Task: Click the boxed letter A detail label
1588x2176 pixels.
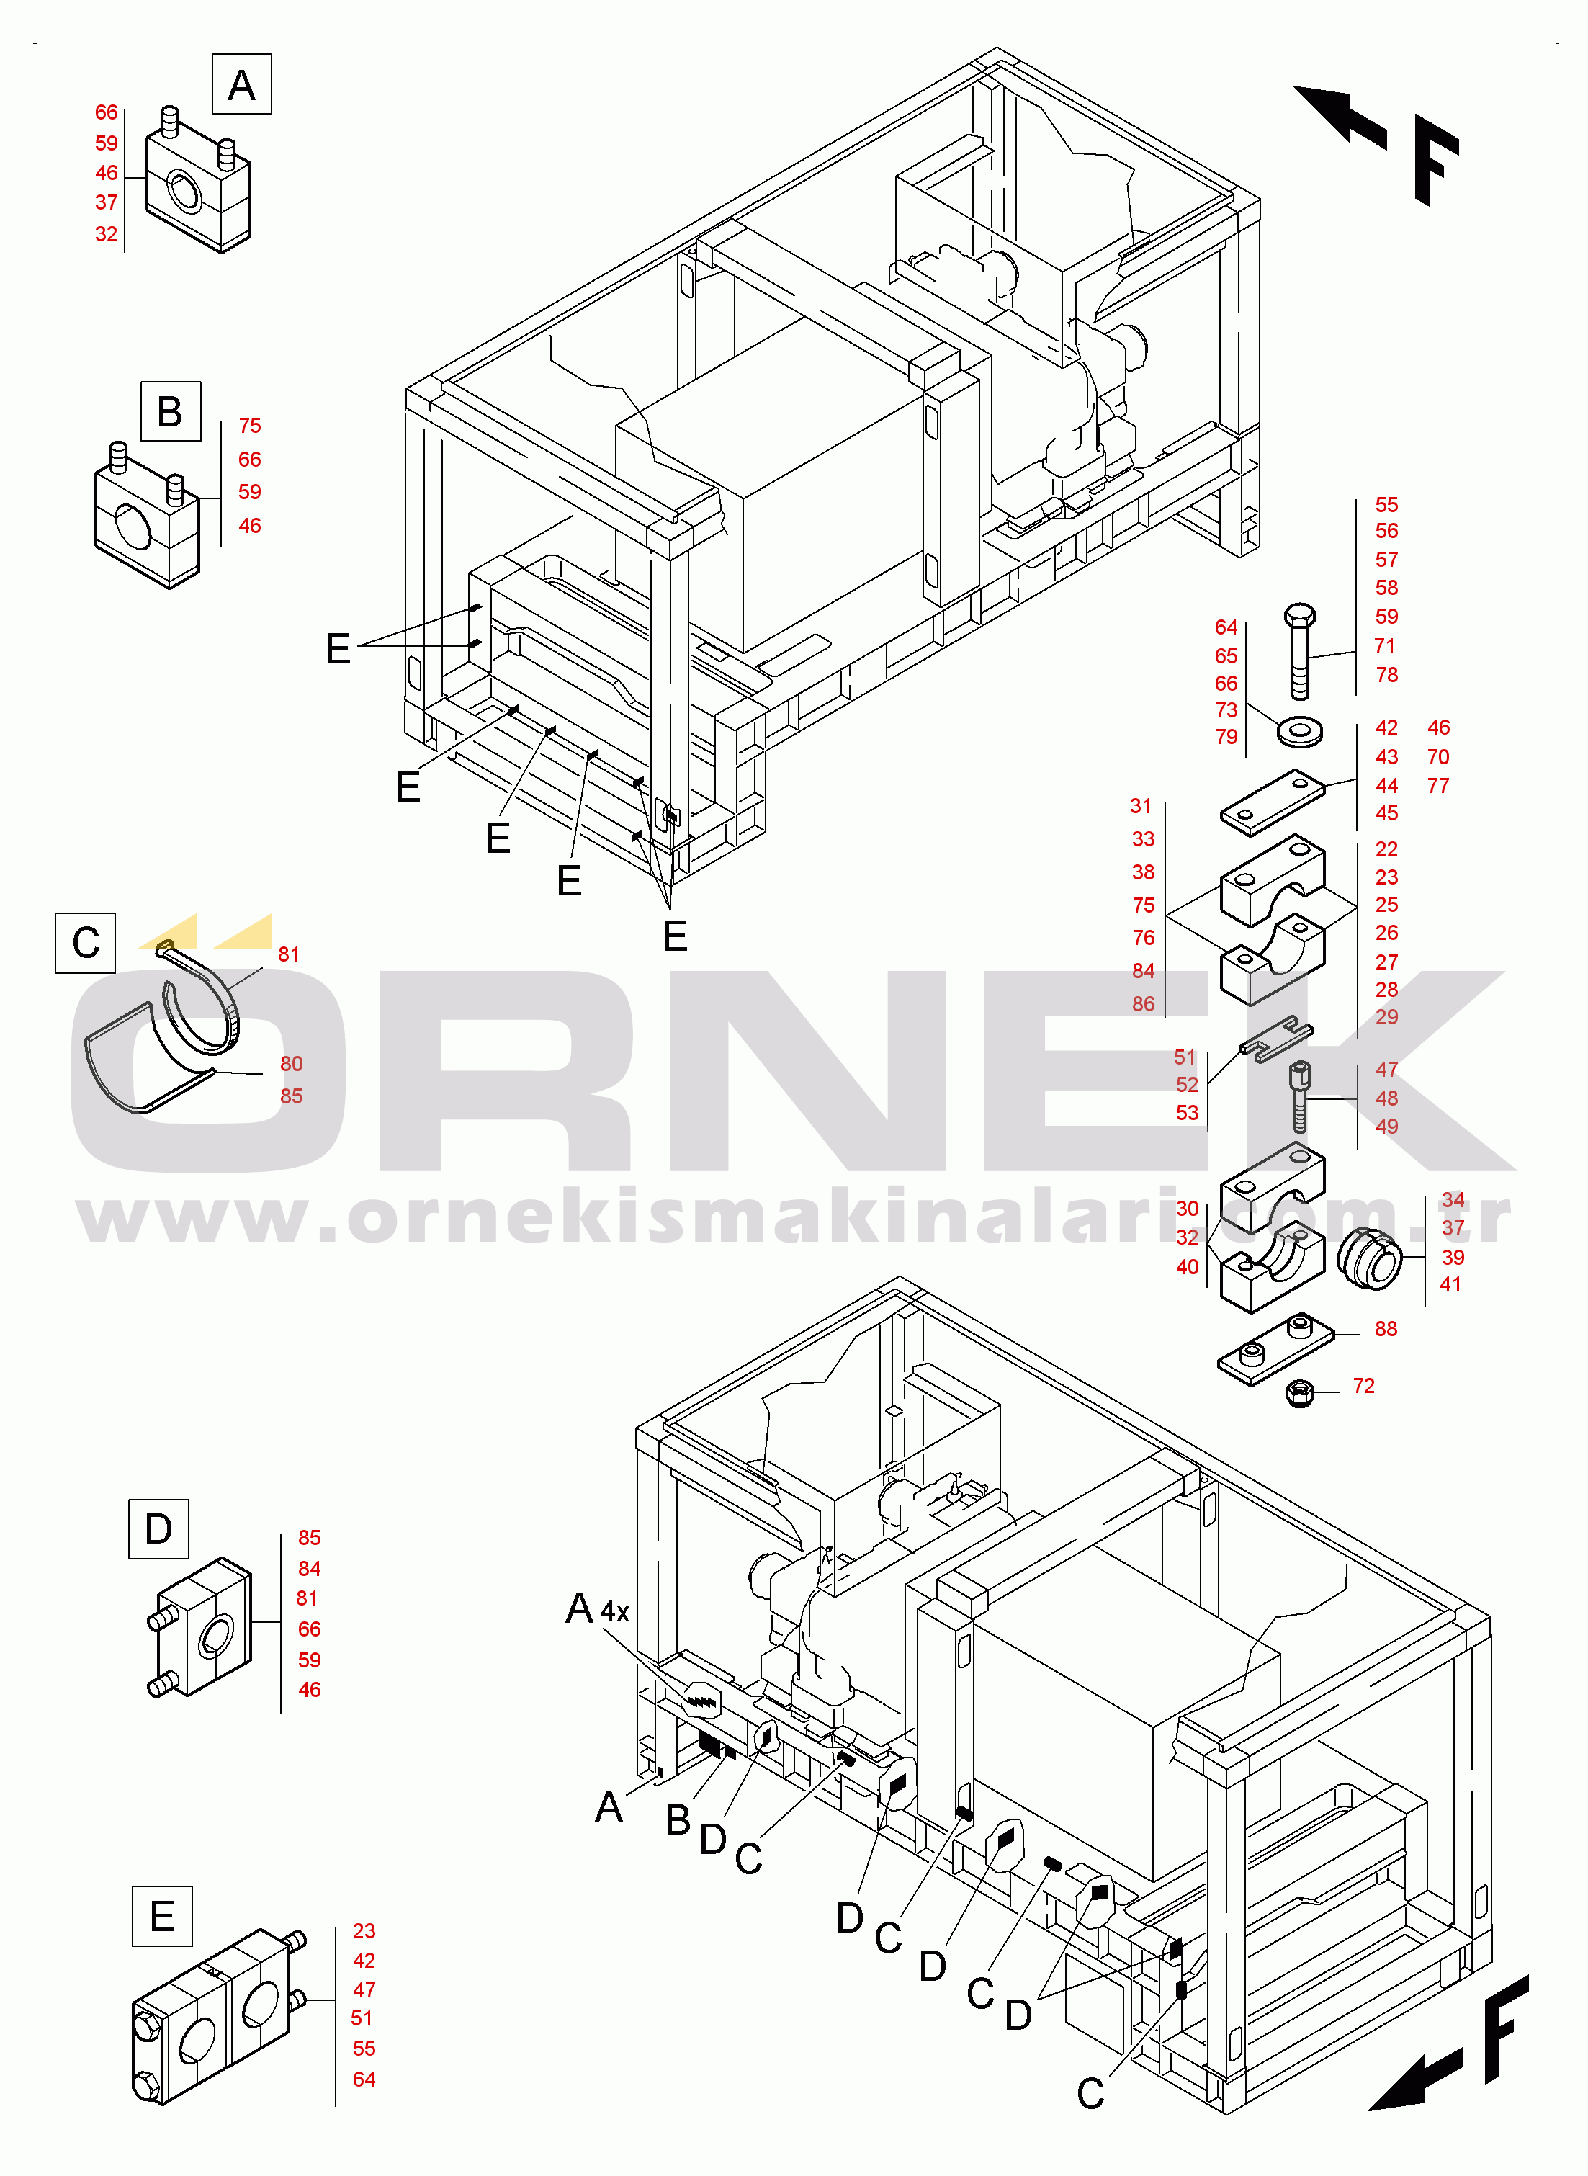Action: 241,84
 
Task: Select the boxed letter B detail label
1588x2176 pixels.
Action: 170,411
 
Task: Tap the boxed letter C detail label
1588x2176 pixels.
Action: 86,943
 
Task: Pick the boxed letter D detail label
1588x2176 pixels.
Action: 158,1528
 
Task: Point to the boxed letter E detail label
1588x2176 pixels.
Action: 163,1915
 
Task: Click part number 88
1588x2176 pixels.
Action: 1385,1328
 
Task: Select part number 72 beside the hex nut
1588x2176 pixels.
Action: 1363,1385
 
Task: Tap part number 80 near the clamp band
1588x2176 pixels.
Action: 291,1063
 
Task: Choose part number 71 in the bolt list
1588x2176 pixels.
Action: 1384,646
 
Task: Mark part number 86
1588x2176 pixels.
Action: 1143,1003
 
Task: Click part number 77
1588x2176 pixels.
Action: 1438,785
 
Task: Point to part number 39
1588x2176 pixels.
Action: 1453,1257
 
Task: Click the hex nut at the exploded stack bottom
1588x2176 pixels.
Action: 1300,1392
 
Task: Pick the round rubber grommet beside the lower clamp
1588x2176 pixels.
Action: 1370,1259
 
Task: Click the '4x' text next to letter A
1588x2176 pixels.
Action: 614,1612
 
